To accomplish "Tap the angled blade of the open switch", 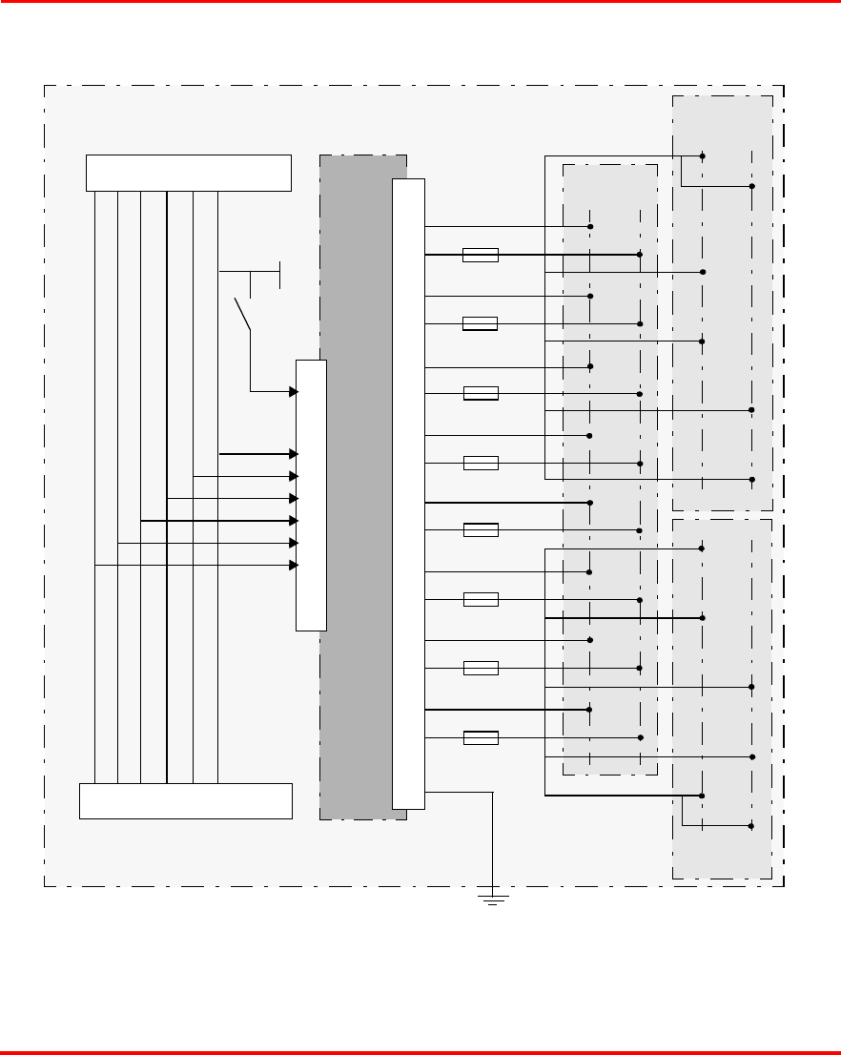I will (242, 314).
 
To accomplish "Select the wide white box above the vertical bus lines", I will (188, 173).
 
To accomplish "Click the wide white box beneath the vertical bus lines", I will (185, 800).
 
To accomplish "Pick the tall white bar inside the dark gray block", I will (408, 493).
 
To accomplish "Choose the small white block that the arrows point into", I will (311, 495).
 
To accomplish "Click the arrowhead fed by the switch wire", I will (294, 391).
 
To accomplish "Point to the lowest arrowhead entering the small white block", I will (294, 566).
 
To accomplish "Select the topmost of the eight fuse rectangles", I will (480, 255).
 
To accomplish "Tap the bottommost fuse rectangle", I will (480, 737).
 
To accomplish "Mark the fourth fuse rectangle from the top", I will (480, 464).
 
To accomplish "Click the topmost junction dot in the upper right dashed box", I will (703, 155).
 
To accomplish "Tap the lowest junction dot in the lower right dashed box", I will (751, 826).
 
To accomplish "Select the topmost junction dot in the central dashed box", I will (590, 226).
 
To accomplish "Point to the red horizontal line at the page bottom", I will (420, 1052).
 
